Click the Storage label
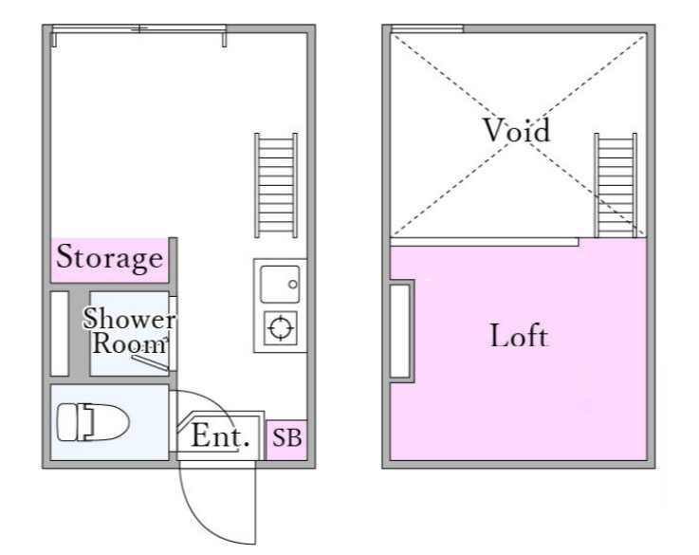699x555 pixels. point(110,258)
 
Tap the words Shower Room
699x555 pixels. point(129,330)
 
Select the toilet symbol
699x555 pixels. point(93,422)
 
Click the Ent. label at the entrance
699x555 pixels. point(220,435)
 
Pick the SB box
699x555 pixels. point(287,439)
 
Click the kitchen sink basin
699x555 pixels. point(280,285)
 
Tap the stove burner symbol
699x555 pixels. point(281,328)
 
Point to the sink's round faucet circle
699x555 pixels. point(293,285)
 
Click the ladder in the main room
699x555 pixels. point(276,185)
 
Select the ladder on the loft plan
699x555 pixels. point(616,185)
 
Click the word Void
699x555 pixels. point(517,130)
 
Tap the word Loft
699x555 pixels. point(519,335)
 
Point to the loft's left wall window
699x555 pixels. point(400,331)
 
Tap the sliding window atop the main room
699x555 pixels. point(138,29)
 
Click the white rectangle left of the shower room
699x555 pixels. point(60,333)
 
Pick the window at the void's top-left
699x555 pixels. point(427,29)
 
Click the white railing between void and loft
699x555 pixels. point(485,242)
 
